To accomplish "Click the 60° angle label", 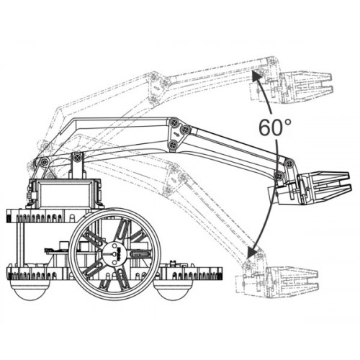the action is [x=275, y=127].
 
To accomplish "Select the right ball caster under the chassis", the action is [x=169, y=290].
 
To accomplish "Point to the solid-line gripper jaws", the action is [x=325, y=187].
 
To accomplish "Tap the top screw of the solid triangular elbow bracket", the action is [x=174, y=122].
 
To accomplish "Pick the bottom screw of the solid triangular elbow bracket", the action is [x=172, y=145].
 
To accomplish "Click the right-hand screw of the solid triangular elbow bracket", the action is [x=185, y=130].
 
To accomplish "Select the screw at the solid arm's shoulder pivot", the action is [x=44, y=162].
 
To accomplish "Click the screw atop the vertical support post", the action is [x=77, y=157].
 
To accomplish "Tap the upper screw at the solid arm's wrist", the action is [x=289, y=163].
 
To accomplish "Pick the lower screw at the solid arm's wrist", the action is [x=279, y=176].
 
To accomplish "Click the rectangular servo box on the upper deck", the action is [x=65, y=193].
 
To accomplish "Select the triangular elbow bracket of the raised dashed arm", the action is [x=157, y=88].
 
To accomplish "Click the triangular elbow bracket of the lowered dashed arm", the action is [x=174, y=178].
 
